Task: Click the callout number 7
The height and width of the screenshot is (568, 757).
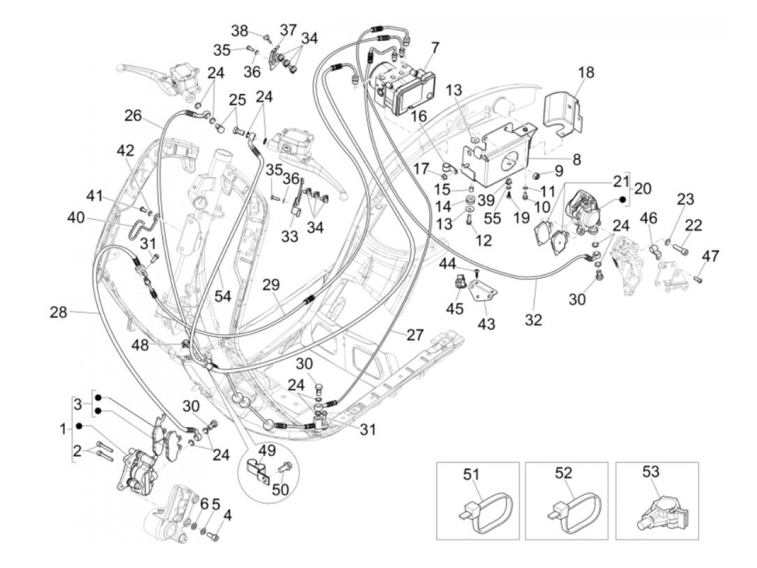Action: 436,48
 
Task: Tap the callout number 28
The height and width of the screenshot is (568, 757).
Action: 59,312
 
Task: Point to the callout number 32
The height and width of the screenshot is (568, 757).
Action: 533,320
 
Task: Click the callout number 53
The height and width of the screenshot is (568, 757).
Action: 651,471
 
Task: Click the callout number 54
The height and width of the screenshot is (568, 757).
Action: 223,295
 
